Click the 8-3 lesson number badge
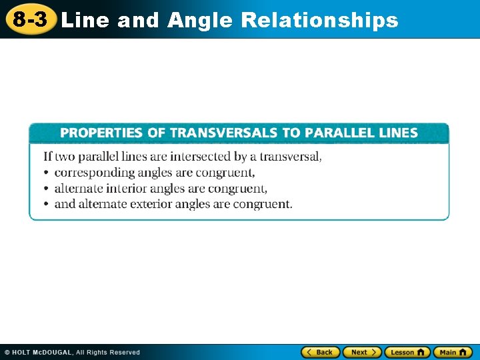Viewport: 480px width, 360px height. pyautogui.click(x=31, y=20)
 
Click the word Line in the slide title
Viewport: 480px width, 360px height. pyautogui.click(x=85, y=21)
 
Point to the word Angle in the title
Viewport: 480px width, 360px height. pyautogui.click(x=200, y=21)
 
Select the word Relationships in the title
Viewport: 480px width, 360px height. pyautogui.click(x=319, y=21)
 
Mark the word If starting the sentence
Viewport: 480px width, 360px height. pyautogui.click(x=47, y=157)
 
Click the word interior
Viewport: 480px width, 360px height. pyautogui.click(x=127, y=189)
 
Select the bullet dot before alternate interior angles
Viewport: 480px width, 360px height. pyautogui.click(x=47, y=189)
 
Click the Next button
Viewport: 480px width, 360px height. pyautogui.click(x=362, y=352)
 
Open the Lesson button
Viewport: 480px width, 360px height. pyautogui.click(x=407, y=352)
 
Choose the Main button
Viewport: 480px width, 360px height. pyautogui.click(x=453, y=352)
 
